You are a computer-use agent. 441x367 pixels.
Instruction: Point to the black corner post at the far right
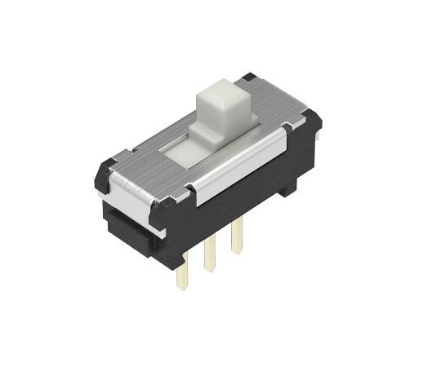click(x=311, y=122)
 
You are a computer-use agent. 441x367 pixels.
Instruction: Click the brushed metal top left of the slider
click(x=151, y=155)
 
